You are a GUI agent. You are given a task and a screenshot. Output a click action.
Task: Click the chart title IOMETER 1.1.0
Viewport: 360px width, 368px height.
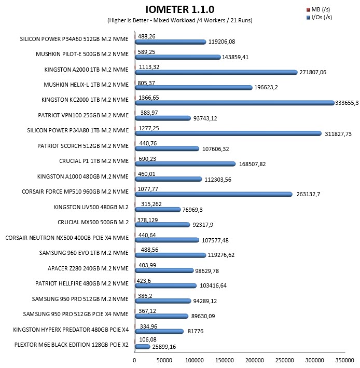tap(180, 9)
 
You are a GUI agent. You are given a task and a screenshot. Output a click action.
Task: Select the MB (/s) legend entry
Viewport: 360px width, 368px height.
tap(318, 10)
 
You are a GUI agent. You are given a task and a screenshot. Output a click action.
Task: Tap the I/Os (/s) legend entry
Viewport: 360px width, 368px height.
tap(319, 17)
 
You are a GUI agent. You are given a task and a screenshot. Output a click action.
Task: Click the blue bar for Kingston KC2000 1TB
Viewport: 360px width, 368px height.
tap(234, 103)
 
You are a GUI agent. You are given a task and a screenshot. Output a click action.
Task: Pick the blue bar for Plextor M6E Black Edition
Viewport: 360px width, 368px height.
tap(142, 347)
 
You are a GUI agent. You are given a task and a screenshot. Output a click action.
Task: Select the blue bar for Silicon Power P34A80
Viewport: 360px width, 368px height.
tap(228, 133)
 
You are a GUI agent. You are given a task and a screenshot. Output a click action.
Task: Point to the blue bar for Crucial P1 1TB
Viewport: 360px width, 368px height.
tap(185, 164)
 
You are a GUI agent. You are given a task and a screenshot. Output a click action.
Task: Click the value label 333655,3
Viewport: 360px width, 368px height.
tap(347, 103)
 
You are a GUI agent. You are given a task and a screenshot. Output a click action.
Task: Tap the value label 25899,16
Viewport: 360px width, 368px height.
tap(164, 347)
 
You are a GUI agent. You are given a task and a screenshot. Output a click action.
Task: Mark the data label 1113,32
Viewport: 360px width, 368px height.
tap(149, 67)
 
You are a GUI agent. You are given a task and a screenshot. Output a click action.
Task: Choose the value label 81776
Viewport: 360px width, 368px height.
tap(196, 331)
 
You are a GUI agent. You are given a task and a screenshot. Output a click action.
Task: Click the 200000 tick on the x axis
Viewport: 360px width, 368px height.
tap(255, 360)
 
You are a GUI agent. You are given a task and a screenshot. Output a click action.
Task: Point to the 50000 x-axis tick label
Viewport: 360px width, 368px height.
tap(164, 360)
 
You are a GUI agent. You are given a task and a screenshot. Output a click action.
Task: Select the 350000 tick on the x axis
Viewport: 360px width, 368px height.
tap(344, 360)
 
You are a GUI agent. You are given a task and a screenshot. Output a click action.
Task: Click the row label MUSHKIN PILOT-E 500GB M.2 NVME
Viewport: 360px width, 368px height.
tap(82, 54)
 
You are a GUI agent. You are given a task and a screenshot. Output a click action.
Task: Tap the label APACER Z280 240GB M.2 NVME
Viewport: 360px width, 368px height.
tap(88, 268)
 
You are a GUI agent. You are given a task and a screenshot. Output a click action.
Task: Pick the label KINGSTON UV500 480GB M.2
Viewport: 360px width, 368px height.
tap(91, 207)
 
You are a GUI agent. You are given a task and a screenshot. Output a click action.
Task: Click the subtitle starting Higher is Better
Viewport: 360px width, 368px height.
tap(180, 20)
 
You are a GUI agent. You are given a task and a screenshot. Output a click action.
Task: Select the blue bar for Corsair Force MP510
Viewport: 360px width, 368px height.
tap(214, 194)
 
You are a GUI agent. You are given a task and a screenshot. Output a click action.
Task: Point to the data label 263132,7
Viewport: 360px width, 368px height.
tap(308, 194)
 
